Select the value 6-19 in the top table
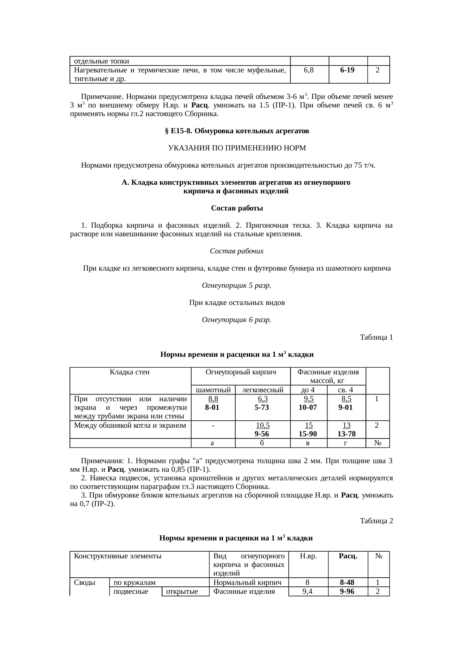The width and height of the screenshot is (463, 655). point(347,70)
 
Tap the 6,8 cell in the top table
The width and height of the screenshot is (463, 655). point(309,70)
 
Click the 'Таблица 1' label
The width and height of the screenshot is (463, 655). point(376,337)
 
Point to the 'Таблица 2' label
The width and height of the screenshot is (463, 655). point(376,521)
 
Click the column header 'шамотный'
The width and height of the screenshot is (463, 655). point(213,390)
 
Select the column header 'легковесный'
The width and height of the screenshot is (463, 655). point(263,390)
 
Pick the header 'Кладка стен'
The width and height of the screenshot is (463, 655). point(130,372)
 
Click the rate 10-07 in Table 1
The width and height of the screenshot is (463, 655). point(308,408)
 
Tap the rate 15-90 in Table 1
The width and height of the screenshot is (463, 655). point(308,434)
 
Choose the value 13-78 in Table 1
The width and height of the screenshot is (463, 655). point(346,434)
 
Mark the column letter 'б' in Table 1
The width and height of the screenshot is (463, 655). point(262,443)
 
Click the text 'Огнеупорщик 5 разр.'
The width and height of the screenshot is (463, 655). point(236,286)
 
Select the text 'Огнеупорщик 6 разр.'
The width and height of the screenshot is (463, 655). point(236,320)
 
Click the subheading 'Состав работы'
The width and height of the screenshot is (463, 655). point(237,208)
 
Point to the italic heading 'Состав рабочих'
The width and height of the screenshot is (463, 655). point(237,251)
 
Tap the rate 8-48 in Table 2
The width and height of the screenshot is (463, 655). point(347,582)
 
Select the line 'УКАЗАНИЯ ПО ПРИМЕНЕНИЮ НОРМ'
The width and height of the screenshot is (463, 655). point(237,148)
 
